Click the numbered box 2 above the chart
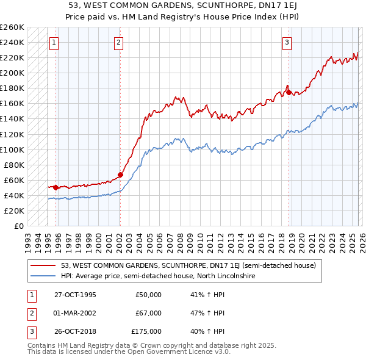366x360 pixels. [118, 43]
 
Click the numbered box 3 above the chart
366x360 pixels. [287, 43]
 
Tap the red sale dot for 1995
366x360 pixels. [56, 187]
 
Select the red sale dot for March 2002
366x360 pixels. [120, 175]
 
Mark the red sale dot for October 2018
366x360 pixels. [289, 92]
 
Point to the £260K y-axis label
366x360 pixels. [12, 27]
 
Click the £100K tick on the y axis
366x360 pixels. [12, 149]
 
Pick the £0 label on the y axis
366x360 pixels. [18, 226]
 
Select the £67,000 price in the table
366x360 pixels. [148, 313]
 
